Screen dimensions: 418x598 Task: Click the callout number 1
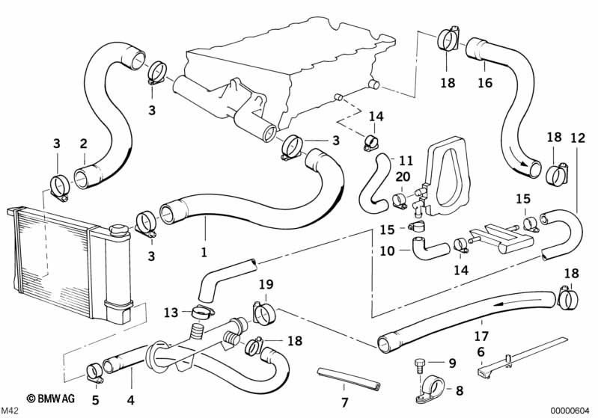pyautogui.click(x=204, y=243)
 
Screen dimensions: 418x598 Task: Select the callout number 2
pyautogui.click(x=83, y=143)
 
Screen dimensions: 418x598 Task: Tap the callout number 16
pyautogui.click(x=485, y=82)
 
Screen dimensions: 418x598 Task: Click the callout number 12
pyautogui.click(x=577, y=138)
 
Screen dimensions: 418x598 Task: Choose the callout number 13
pyautogui.click(x=171, y=312)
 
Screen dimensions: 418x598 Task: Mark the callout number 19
pyautogui.click(x=266, y=284)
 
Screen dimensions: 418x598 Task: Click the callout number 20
pyautogui.click(x=402, y=177)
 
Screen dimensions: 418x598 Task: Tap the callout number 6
pyautogui.click(x=480, y=351)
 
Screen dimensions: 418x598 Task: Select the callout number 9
pyautogui.click(x=451, y=363)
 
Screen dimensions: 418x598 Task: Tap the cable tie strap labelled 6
pyautogui.click(x=524, y=355)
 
